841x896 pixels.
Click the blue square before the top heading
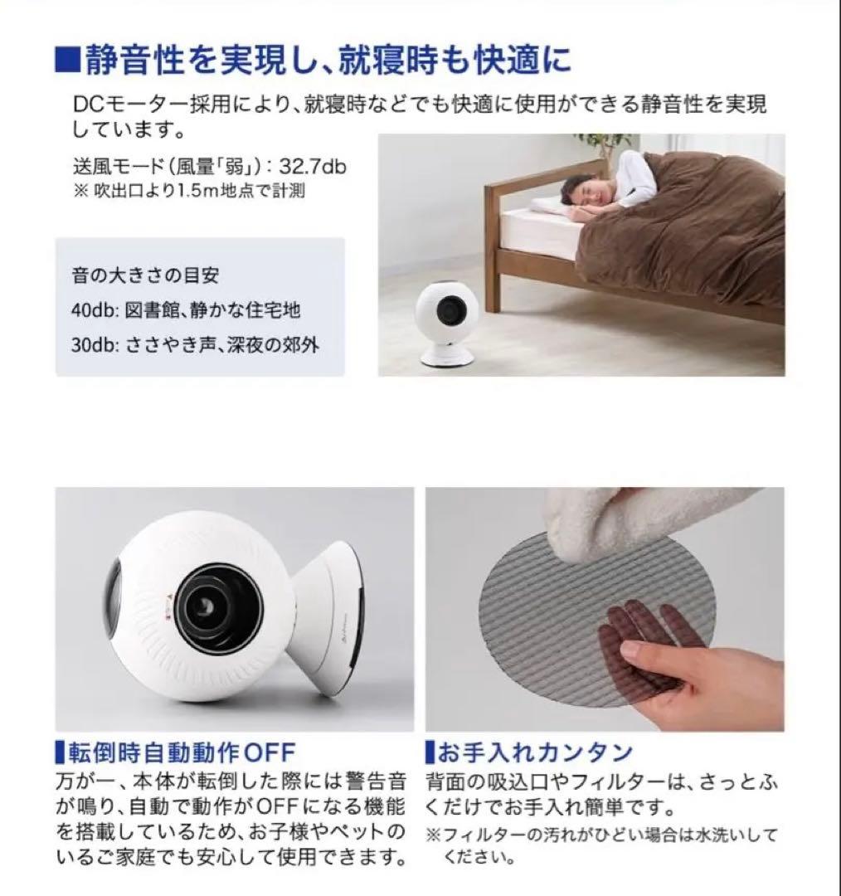67,61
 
